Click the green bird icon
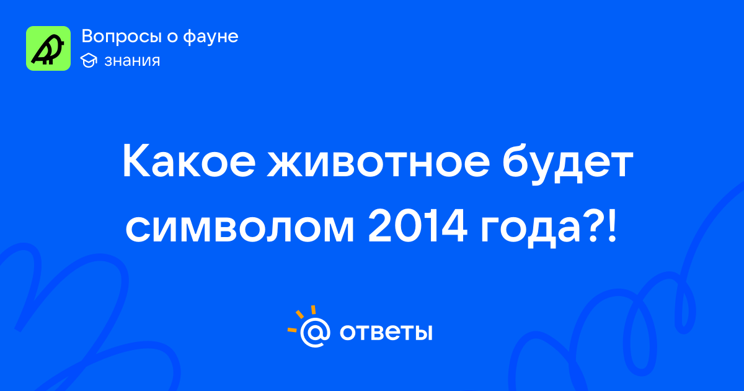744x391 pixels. [48, 48]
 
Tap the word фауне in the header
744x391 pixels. [211, 37]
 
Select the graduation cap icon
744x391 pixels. [89, 60]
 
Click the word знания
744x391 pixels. [132, 61]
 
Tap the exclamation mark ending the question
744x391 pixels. [612, 226]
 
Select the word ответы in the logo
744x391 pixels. [386, 332]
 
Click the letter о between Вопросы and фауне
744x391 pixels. [172, 37]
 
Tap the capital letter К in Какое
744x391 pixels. [136, 161]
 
